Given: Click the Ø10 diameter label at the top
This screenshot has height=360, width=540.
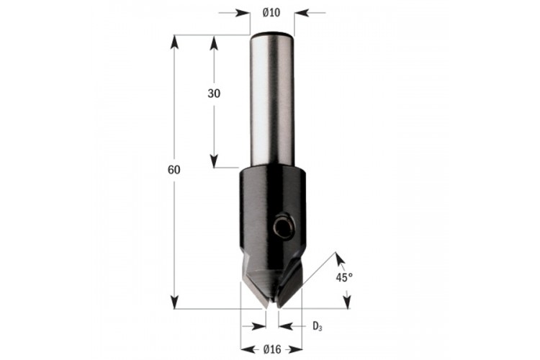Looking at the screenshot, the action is coord(271,13).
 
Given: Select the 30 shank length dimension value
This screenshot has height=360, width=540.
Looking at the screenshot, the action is coord(214,94).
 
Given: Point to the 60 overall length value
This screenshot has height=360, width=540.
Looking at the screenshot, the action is coord(174,170).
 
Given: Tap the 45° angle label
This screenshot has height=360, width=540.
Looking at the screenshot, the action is coord(344,277).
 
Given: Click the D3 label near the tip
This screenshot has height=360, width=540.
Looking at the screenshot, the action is coord(318,326).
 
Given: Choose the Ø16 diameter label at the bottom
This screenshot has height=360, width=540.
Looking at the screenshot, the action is coord(272,350).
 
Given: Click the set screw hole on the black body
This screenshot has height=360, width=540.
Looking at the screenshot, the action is coord(284,226).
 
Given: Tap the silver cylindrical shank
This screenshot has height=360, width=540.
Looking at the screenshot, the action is coord(272,101).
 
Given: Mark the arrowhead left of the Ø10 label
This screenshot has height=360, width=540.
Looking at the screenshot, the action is coord(243,13).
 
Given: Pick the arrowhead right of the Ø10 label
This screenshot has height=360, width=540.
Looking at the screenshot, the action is coord(302,13).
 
